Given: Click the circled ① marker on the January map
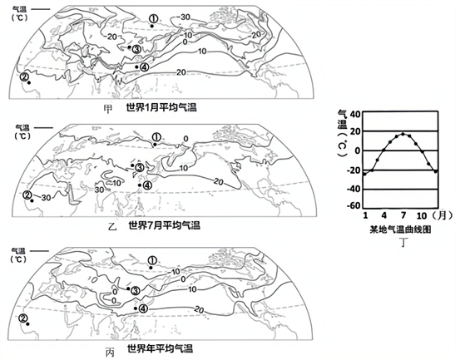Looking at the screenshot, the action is click(x=153, y=19).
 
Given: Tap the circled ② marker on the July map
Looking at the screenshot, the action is click(x=27, y=195).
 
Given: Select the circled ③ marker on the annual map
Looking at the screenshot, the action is click(x=136, y=290).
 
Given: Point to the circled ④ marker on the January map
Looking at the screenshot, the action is click(x=145, y=67).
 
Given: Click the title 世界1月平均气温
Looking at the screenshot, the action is click(x=161, y=107).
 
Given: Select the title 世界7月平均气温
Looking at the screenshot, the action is click(x=164, y=225).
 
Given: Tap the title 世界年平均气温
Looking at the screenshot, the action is click(x=160, y=349).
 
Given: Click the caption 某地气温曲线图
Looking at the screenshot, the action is click(x=400, y=229).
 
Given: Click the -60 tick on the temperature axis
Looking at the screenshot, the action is click(x=354, y=205).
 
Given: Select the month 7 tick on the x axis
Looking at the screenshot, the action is click(x=403, y=216).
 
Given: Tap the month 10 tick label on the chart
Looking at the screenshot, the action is click(x=422, y=216).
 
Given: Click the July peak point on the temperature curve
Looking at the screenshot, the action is click(x=403, y=134).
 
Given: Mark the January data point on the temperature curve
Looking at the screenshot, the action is click(x=364, y=174).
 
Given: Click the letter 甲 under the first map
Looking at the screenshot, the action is click(x=108, y=109).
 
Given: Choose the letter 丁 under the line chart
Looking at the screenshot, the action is click(x=403, y=242).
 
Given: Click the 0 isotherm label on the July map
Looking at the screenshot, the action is click(x=185, y=139).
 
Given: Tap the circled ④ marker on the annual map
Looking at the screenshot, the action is click(x=144, y=308).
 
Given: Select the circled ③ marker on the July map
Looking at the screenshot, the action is click(x=139, y=167).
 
